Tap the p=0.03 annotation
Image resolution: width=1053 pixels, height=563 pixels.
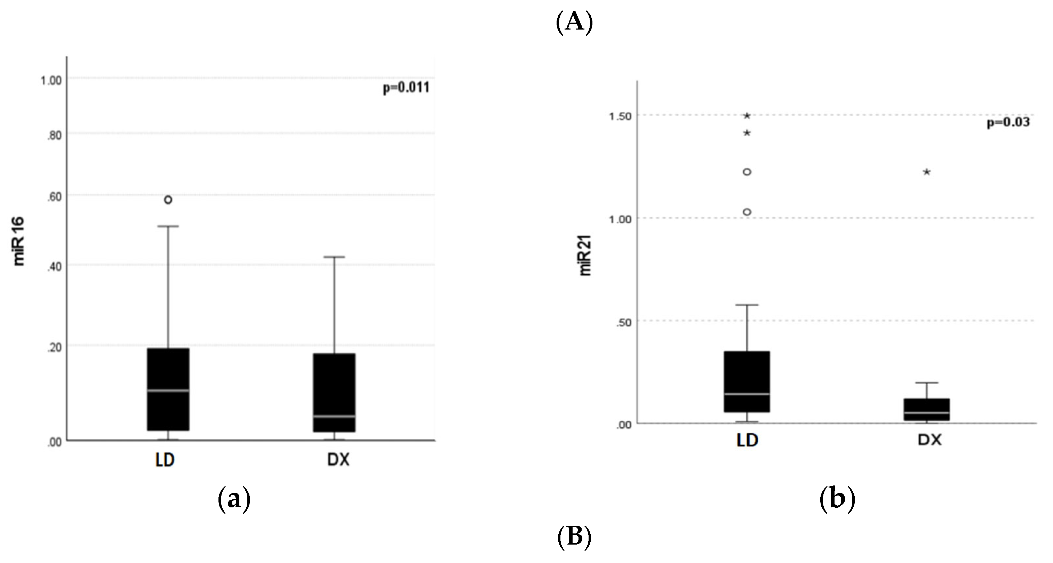click(1008, 122)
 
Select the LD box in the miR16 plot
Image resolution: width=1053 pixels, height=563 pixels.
click(168, 389)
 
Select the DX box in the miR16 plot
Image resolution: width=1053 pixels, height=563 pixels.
click(334, 393)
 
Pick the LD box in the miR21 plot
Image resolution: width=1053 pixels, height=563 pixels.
click(747, 381)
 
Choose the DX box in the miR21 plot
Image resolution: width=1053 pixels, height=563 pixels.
click(926, 409)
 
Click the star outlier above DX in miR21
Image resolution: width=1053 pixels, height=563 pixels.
click(927, 172)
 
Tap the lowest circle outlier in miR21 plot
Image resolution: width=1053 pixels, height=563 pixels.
click(747, 212)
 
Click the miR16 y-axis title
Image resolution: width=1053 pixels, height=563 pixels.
click(19, 241)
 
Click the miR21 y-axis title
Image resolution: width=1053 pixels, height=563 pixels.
click(585, 257)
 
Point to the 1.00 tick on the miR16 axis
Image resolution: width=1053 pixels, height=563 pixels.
click(51, 80)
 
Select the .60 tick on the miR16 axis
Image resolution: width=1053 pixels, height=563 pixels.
click(54, 197)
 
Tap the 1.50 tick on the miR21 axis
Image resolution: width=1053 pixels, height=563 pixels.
click(621, 116)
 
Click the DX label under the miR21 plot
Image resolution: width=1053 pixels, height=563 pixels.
click(930, 440)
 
